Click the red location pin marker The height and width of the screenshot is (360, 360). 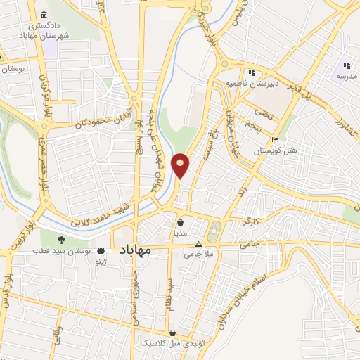pyautogui.click(x=181, y=164)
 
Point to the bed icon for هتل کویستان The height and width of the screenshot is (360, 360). pyautogui.click(x=276, y=140)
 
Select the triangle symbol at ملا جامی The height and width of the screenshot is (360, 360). pyautogui.click(x=199, y=245)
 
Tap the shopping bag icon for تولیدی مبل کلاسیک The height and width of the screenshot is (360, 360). pyautogui.click(x=173, y=333)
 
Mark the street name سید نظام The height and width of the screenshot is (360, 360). pyautogui.click(x=169, y=294)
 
